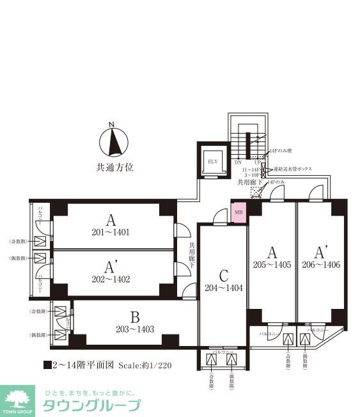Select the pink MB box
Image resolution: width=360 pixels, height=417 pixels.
[239, 212]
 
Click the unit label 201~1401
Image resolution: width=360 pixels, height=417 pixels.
[113, 233]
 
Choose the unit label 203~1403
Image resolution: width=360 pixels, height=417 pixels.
[134, 329]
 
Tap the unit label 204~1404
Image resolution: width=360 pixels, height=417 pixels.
[224, 288]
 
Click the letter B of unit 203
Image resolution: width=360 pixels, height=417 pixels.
[134, 317]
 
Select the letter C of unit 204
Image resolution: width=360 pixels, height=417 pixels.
[224, 276]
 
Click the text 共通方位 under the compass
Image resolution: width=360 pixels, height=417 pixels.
[114, 168]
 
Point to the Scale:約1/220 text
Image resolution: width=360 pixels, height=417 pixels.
[144, 366]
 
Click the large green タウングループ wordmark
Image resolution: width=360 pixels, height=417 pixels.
[91, 406]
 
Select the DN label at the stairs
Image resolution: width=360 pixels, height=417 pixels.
[238, 162]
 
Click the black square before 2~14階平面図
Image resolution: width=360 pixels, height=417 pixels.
[47, 366]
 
